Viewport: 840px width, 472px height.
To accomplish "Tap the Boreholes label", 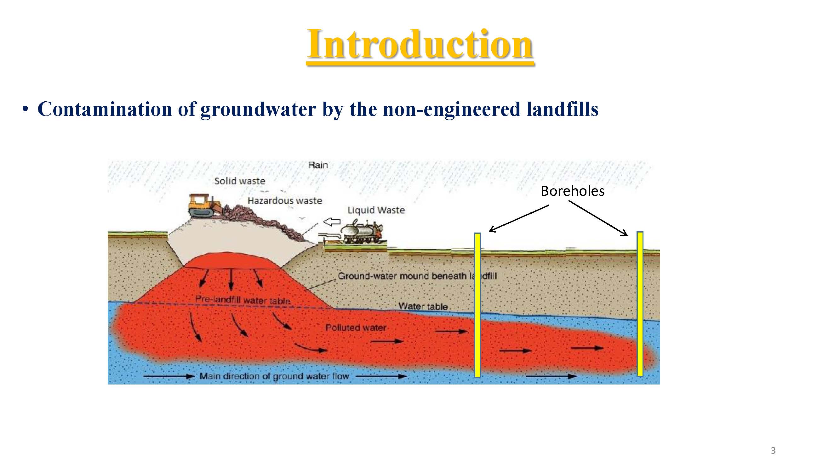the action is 572,191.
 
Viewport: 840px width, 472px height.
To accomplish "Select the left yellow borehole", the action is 477,305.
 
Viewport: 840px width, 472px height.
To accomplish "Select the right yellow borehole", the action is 640,304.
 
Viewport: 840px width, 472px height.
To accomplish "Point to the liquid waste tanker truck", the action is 362,232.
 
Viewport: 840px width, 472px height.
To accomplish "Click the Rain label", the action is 318,165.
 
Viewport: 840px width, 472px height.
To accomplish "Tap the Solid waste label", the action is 240,181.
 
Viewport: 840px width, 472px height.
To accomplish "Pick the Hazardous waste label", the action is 285,201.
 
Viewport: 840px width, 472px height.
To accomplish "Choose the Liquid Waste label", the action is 376,210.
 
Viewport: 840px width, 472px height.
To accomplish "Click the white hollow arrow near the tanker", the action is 331,222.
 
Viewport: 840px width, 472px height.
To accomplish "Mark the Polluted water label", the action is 356,328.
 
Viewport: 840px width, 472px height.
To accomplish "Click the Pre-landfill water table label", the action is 243,300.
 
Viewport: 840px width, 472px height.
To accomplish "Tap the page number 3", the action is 773,451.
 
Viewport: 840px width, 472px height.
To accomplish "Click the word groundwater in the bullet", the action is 258,109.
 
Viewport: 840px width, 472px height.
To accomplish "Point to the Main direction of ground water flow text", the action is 274,376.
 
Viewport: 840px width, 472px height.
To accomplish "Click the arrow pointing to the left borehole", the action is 519,218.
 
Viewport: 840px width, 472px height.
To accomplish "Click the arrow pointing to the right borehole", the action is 598,218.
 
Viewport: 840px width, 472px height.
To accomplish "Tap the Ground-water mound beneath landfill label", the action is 417,276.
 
